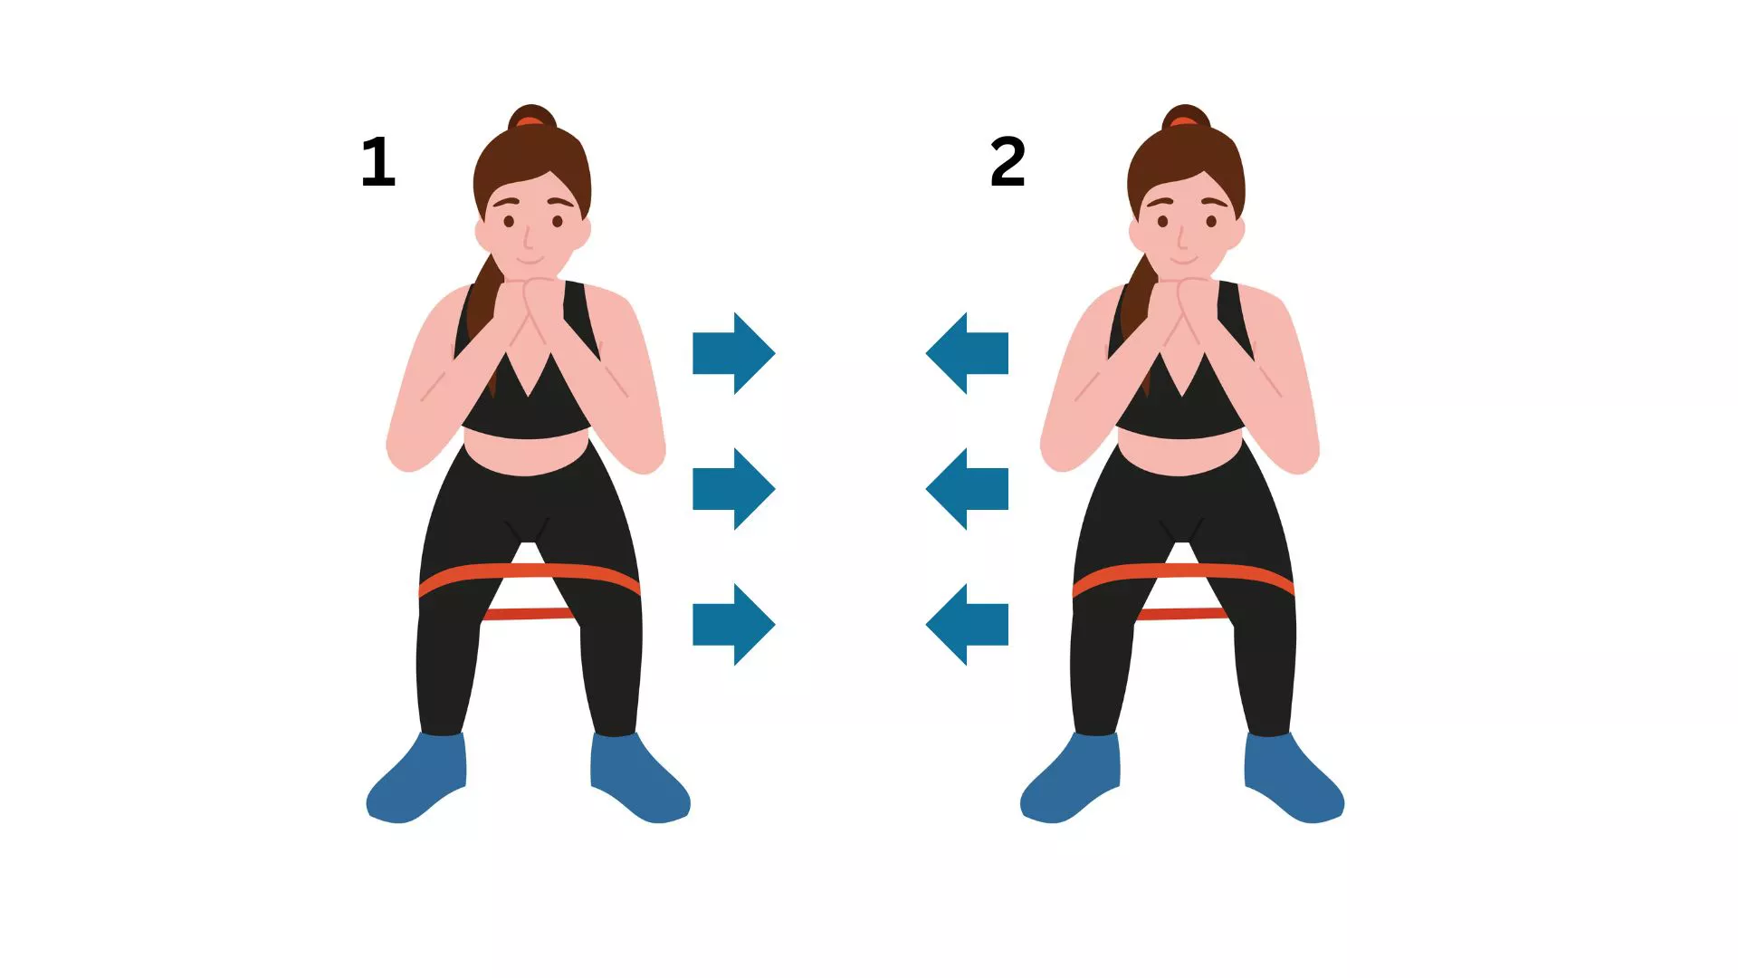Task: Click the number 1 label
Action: tap(378, 163)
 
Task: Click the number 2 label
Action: tap(1007, 163)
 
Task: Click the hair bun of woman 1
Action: tap(531, 117)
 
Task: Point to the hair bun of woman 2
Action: tap(1185, 117)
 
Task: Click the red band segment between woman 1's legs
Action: tap(528, 614)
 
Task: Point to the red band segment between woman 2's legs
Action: tap(1181, 614)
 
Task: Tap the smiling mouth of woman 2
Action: tap(1182, 262)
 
